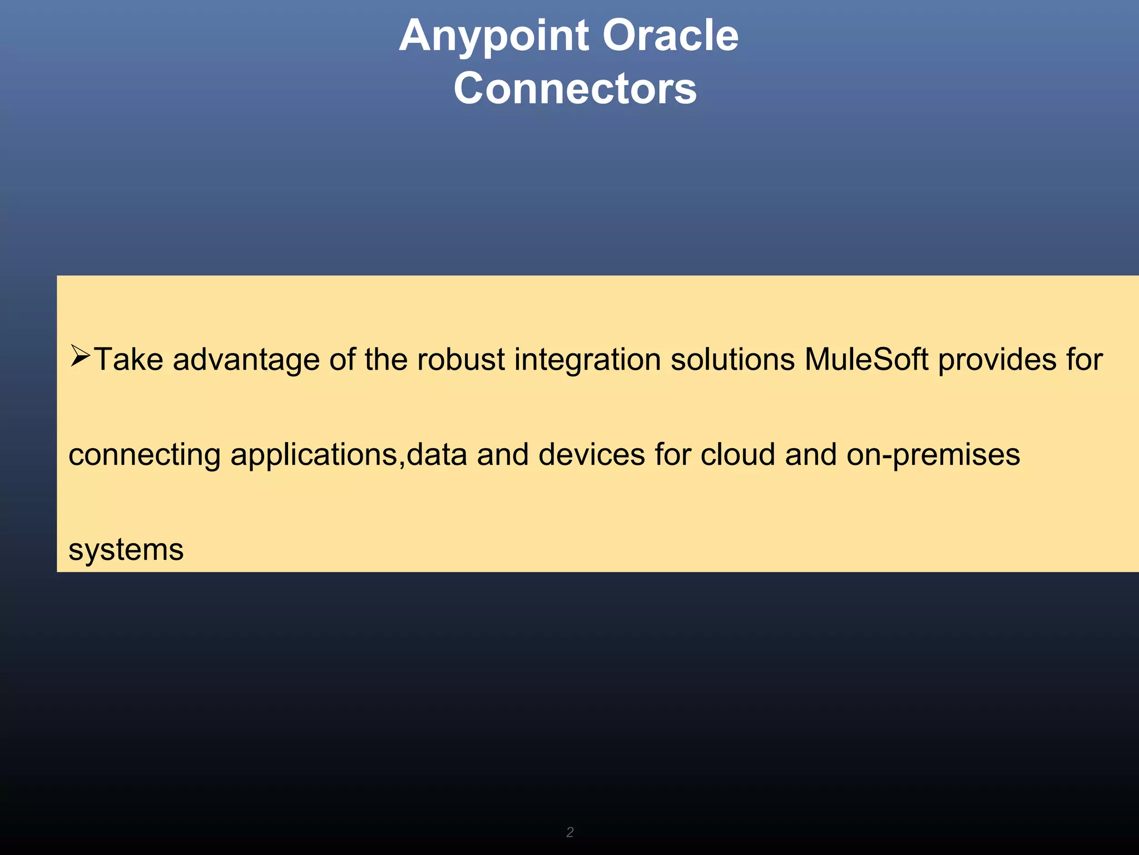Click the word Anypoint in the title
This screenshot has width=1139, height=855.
[494, 37]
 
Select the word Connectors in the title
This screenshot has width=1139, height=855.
[575, 89]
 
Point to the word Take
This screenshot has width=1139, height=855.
[128, 360]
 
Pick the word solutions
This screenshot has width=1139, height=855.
[732, 360]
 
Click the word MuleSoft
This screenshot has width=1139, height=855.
[866, 360]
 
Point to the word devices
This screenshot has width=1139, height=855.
[591, 454]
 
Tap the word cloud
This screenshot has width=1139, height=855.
[737, 454]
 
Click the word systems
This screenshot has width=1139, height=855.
[126, 551]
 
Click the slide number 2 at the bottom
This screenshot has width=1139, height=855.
[569, 832]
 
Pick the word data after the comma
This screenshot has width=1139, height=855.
[437, 454]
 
